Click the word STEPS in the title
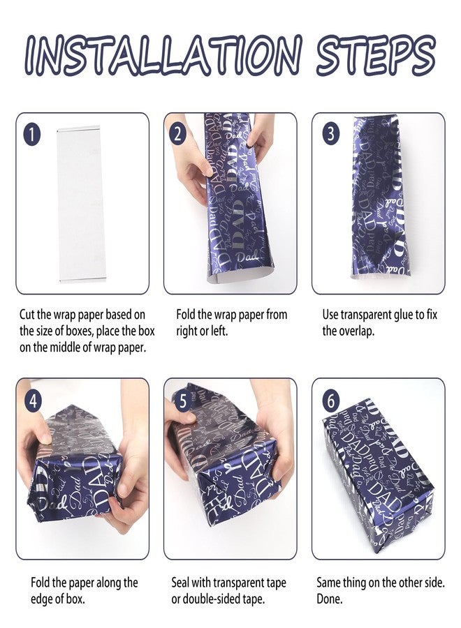(375, 55)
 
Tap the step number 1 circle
(32, 135)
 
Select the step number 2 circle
(177, 135)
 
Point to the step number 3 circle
(330, 134)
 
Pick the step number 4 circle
(34, 401)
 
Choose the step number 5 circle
(183, 401)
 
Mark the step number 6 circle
(330, 401)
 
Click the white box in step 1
(78, 204)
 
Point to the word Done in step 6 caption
(330, 599)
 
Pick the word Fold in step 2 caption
(185, 315)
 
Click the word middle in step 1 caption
(65, 347)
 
